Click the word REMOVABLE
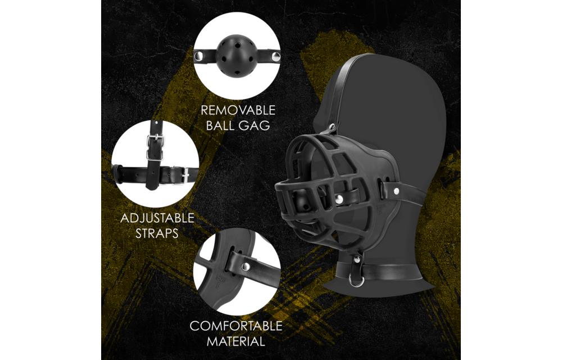[x=238, y=109]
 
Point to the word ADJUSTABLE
[x=157, y=218]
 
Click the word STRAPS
[x=157, y=233]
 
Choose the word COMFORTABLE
[x=235, y=326]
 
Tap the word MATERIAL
[x=235, y=341]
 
